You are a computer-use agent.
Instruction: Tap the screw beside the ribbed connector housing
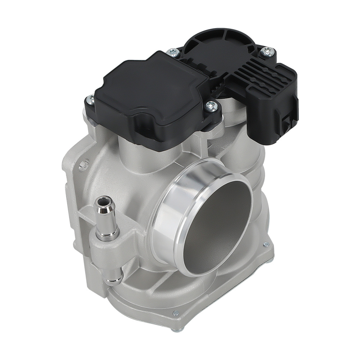[266, 51]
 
